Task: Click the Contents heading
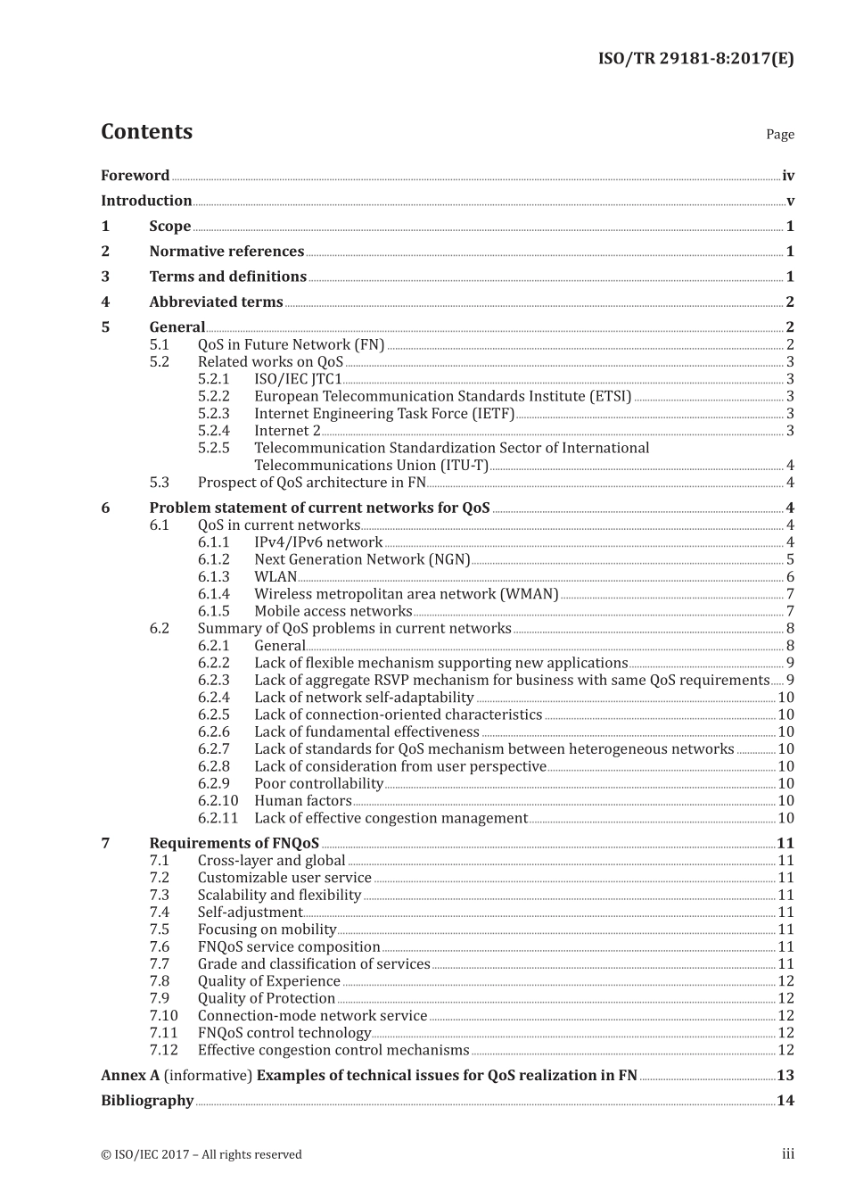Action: (x=146, y=132)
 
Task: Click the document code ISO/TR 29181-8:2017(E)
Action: (x=695, y=59)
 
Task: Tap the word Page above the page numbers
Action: (x=779, y=135)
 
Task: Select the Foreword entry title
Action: (x=135, y=176)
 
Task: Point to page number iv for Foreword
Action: (x=787, y=176)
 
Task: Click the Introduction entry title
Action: (x=146, y=201)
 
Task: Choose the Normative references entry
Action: (x=226, y=252)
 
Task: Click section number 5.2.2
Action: (x=213, y=396)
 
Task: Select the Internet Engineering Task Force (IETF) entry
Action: (x=384, y=414)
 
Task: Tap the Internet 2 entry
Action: (x=287, y=431)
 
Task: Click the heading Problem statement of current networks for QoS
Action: (x=319, y=508)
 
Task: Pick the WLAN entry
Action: (x=275, y=577)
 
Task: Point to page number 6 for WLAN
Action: (x=790, y=577)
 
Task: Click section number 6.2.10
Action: (x=218, y=801)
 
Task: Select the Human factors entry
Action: (x=303, y=801)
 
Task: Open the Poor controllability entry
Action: (x=318, y=784)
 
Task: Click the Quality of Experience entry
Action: (x=268, y=981)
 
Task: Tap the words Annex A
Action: (x=130, y=1076)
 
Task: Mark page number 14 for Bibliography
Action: (x=785, y=1101)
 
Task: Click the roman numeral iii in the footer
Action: (x=788, y=1154)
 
